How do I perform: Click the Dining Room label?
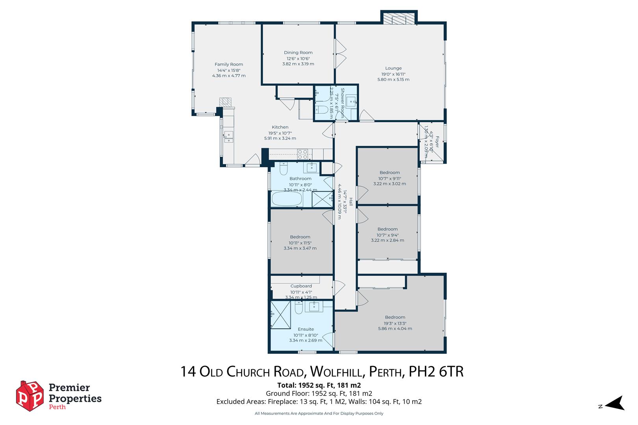tap(298, 53)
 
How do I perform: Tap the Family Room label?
tap(229, 64)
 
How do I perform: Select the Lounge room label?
tap(393, 68)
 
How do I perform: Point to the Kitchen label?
tap(280, 127)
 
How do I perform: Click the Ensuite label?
tap(306, 329)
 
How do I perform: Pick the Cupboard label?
tap(301, 286)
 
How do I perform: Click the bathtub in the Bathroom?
tap(287, 199)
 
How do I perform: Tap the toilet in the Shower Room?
tap(322, 109)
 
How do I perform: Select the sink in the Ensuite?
tap(314, 307)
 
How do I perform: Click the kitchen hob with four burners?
tap(302, 154)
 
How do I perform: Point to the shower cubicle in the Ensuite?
tap(280, 315)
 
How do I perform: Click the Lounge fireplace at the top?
tap(399, 19)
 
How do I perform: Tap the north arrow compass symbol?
tap(615, 403)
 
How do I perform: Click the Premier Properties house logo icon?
tap(30, 396)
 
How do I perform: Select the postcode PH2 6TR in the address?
tap(436, 371)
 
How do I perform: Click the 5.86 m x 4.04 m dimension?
tap(395, 329)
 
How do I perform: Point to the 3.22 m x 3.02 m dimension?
tap(389, 184)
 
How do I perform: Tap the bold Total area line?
tap(319, 385)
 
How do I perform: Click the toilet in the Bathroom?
tap(284, 169)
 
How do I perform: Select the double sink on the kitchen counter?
tap(228, 137)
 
